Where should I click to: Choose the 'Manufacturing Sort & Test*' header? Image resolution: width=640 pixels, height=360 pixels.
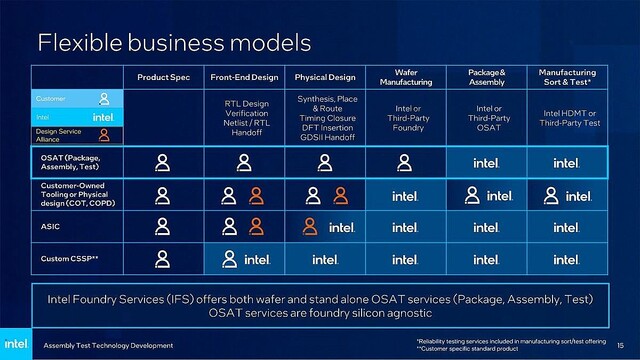[567, 77]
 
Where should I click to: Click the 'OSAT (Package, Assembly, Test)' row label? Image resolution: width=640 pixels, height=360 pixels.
[69, 163]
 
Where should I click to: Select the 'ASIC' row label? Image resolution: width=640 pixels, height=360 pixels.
[49, 227]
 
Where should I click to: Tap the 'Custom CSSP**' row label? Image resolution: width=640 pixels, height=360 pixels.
[65, 259]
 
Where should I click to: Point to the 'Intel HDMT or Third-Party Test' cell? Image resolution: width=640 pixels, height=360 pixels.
[567, 119]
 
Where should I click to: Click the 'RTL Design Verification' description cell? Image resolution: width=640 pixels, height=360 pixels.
[245, 118]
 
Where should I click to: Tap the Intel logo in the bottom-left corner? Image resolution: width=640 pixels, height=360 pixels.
[18, 341]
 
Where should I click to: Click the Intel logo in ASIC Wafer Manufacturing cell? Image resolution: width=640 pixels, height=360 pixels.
[404, 228]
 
